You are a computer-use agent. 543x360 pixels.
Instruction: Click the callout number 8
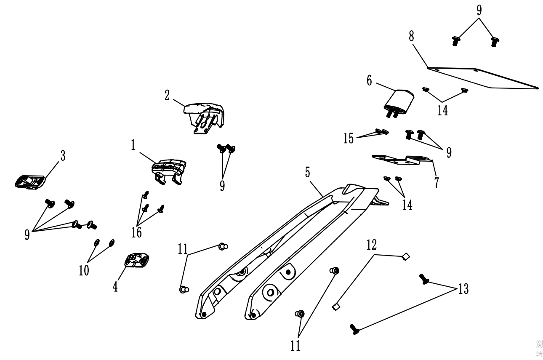coord(411,36)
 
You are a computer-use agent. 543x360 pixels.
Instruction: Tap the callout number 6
coord(369,80)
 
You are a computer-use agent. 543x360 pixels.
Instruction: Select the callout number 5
coord(308,172)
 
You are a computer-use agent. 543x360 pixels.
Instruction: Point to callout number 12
coord(372,245)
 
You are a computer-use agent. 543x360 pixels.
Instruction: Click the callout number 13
coord(463,289)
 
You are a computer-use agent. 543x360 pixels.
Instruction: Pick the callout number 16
coord(136,232)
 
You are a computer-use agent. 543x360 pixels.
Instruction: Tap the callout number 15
coord(349,139)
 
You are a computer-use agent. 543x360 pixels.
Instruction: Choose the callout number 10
coord(84,270)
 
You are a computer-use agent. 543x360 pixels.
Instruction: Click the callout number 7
coord(436,182)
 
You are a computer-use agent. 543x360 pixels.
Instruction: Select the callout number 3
coord(63,156)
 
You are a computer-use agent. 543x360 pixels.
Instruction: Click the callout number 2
coord(167,96)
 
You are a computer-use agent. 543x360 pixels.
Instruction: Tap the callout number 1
coord(133,145)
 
